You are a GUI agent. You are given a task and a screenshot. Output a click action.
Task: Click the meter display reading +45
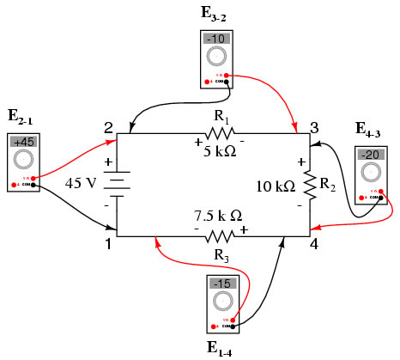(x=24, y=142)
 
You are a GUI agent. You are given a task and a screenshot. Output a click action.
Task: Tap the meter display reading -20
(x=371, y=155)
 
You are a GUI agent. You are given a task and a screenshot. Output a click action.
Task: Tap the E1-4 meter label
(x=221, y=347)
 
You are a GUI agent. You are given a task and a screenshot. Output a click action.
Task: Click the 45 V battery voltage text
(x=82, y=183)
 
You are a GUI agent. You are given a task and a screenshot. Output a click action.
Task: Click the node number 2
(x=109, y=128)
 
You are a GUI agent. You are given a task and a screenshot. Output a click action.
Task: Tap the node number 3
(x=314, y=128)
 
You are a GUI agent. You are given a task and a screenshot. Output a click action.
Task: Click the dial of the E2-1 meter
(x=24, y=161)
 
